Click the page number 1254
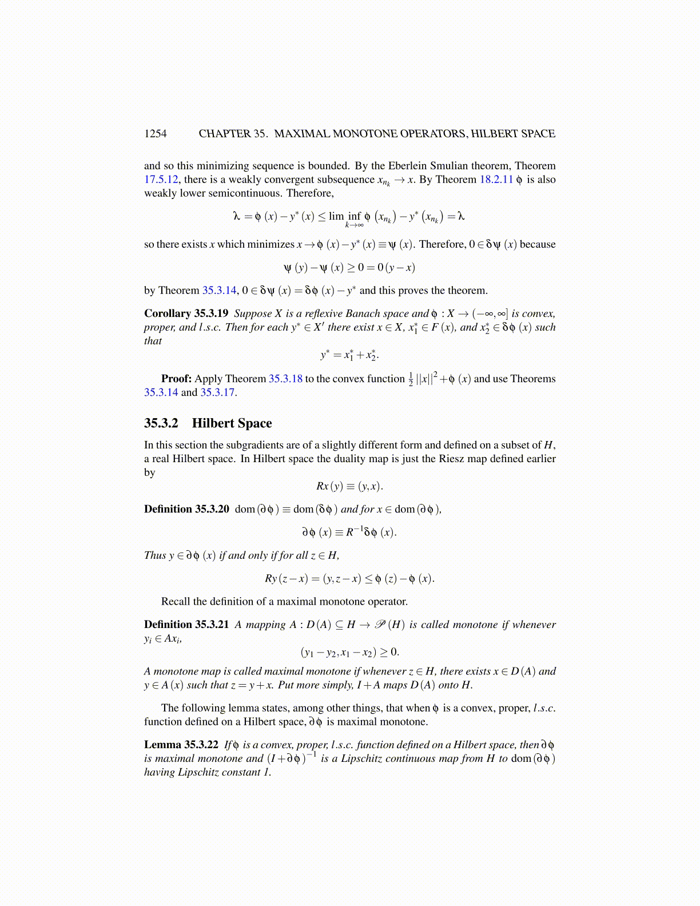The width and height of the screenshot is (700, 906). tap(155, 134)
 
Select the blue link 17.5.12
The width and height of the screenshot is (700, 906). tap(163, 180)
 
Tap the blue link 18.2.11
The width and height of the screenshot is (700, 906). tap(496, 180)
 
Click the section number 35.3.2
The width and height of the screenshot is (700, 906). tap(161, 423)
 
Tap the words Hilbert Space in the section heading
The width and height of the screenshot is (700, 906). tap(232, 423)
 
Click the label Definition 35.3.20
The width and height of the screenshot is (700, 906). tap(186, 509)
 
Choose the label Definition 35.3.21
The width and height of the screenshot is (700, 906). tap(186, 625)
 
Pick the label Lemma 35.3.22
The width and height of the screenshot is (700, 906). tap(181, 745)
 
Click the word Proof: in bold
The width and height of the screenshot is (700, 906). tap(176, 379)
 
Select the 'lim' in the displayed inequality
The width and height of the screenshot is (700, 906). tap(336, 216)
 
